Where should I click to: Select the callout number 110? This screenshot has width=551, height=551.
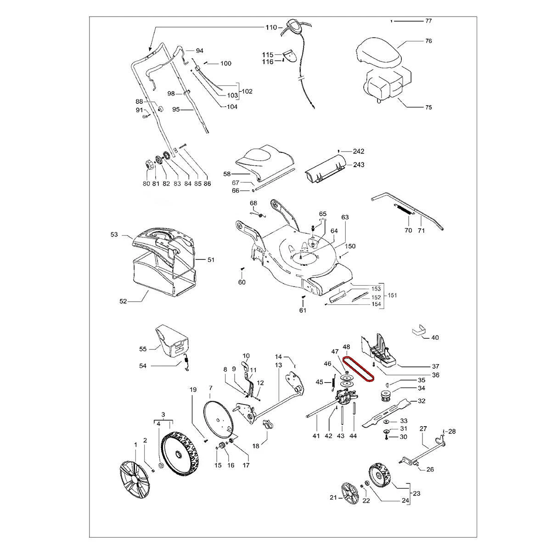pos(271,28)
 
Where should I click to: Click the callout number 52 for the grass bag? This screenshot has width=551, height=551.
pos(123,301)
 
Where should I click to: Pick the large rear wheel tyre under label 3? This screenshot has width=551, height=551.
pos(180,454)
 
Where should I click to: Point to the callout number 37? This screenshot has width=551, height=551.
pos(435,366)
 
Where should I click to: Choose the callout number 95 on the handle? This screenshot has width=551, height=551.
pos(176,109)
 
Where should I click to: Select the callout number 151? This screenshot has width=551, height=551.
pos(392,295)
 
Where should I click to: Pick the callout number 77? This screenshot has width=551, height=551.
pos(428,21)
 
